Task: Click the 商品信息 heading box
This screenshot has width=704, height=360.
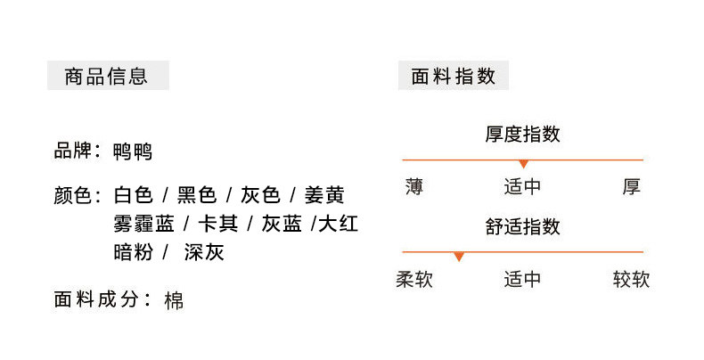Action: [107, 76]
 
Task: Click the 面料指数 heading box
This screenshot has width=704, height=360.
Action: [453, 76]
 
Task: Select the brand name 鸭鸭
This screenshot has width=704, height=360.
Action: [134, 151]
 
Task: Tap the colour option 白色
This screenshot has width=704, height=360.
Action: [134, 195]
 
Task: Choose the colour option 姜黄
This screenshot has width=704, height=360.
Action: [324, 195]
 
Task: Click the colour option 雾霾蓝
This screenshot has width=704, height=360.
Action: [143, 224]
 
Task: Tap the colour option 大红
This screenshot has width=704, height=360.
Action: [339, 224]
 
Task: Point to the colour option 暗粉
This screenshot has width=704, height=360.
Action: [134, 252]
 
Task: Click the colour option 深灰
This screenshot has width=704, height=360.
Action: [204, 252]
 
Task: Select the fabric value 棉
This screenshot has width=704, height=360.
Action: [175, 300]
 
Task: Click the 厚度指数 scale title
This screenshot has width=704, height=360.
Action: [522, 135]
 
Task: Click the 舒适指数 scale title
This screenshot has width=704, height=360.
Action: [522, 226]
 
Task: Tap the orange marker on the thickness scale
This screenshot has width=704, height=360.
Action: [523, 164]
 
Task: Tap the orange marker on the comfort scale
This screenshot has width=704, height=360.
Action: [458, 257]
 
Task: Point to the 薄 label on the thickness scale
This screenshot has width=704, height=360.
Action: [413, 187]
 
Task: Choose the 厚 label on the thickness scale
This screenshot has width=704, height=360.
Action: [632, 187]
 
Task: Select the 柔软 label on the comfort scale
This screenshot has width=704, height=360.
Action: [414, 280]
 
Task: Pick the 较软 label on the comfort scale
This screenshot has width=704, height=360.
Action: [631, 280]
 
